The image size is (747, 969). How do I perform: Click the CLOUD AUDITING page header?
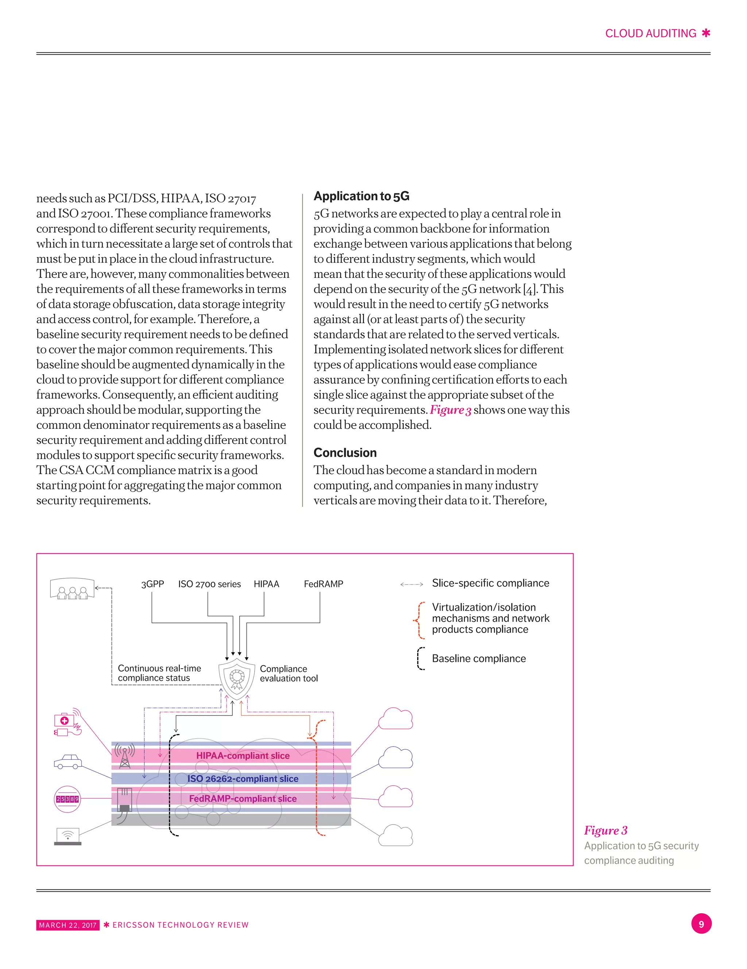[650, 34]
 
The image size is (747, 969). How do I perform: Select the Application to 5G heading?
[361, 196]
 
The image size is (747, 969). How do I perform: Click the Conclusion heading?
[345, 453]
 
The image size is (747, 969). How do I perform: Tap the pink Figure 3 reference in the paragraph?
[450, 410]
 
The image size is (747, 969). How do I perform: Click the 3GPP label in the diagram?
[152, 584]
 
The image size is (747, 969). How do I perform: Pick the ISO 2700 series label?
[209, 584]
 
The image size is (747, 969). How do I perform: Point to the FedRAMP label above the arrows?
[323, 584]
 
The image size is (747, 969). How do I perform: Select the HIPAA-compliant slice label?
[243, 756]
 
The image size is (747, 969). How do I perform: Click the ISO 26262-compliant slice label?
[243, 779]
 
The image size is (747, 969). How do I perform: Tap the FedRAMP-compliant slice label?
[243, 799]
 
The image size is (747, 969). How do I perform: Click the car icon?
[67, 761]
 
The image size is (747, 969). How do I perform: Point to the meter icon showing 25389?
[67, 799]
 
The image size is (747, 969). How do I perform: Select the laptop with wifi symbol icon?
[67, 836]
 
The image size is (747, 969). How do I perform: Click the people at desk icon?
[72, 589]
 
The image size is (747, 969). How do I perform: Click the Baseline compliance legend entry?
[479, 658]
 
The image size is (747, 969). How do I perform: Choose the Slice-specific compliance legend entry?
[490, 583]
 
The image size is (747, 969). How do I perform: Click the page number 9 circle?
[701, 924]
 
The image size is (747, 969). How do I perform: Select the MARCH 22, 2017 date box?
[67, 925]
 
